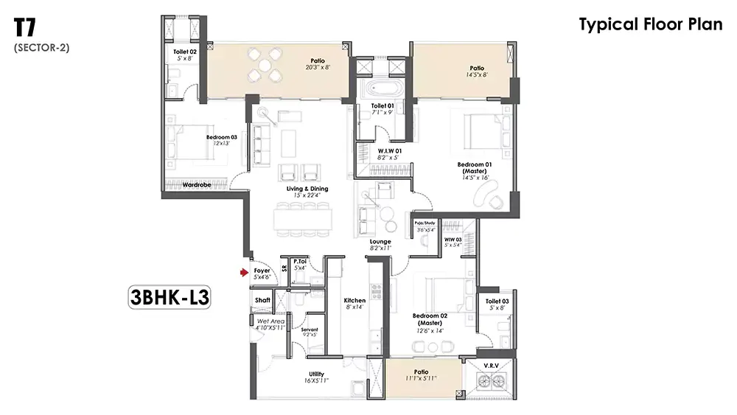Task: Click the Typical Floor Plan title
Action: [x=650, y=24]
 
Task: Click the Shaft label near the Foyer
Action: [x=262, y=300]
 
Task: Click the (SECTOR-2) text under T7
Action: [x=41, y=48]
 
